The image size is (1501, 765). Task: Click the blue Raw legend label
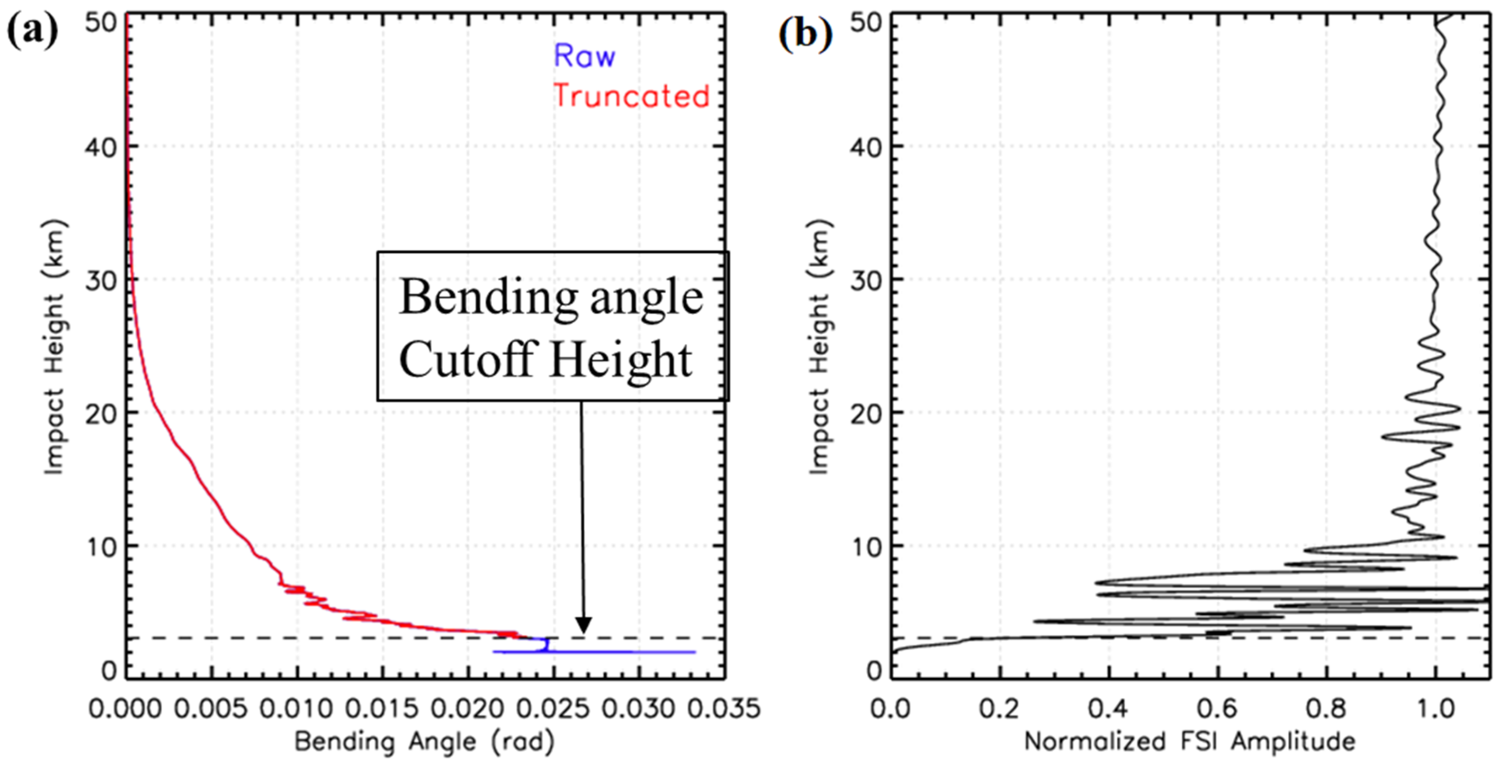pos(584,56)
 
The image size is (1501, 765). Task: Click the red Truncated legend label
pos(631,96)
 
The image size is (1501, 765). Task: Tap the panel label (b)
pos(805,32)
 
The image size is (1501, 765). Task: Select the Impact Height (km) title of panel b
pos(820,347)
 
